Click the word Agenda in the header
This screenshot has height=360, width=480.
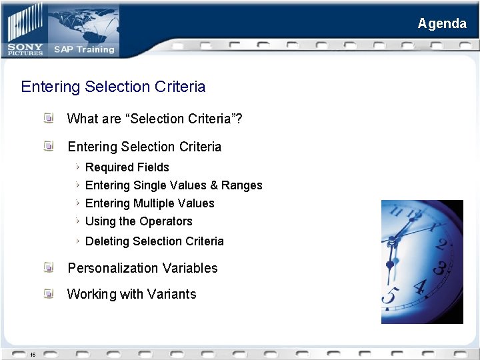click(x=442, y=23)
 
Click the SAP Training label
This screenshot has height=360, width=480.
click(x=84, y=49)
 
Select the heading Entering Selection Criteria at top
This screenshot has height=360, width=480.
click(x=113, y=87)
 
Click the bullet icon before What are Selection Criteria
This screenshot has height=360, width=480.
click(x=49, y=119)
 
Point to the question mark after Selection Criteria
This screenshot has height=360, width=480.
click(x=239, y=119)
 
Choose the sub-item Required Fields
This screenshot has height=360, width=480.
click(x=127, y=167)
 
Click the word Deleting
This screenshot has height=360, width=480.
click(x=109, y=241)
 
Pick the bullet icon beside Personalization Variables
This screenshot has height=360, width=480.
click(x=49, y=267)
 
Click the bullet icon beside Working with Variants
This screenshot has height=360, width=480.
click(x=49, y=293)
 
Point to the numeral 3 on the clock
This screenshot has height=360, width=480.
click(x=440, y=267)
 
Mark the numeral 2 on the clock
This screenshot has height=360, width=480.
click(x=441, y=243)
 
